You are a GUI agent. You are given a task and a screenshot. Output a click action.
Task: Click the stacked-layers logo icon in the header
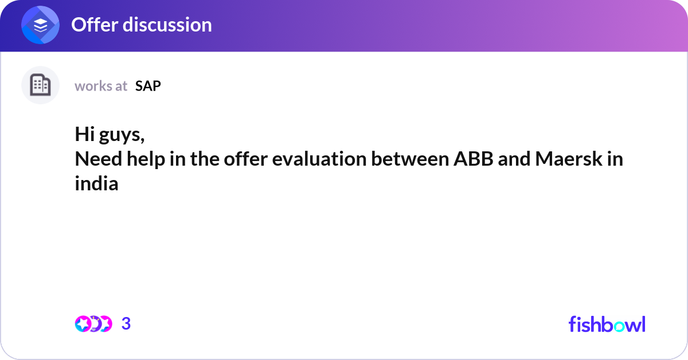point(41,25)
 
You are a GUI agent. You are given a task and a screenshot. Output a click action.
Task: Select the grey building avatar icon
point(40,85)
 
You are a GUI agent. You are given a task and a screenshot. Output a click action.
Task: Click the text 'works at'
point(101,86)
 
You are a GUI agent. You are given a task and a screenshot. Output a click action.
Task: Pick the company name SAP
point(148,86)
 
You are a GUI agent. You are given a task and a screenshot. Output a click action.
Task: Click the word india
point(96,184)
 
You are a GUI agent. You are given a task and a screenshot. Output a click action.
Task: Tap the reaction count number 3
point(126,324)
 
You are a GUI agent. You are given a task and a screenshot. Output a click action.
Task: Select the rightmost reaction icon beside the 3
point(104,324)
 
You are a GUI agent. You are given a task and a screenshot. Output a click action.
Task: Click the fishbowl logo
point(607,324)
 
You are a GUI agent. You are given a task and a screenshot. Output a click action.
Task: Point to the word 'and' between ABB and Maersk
point(514,159)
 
